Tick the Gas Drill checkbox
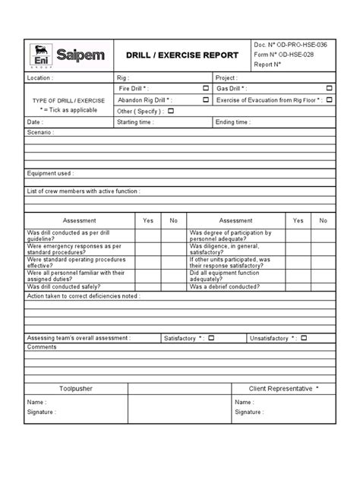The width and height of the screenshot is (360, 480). [x=328, y=89]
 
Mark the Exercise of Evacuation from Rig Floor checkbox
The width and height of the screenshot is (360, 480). [x=328, y=99]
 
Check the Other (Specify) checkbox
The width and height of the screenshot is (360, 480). [x=170, y=110]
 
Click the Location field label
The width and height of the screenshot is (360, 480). [x=42, y=78]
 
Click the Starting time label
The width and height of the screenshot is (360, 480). [x=137, y=122]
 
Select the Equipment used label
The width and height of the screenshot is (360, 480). [x=50, y=174]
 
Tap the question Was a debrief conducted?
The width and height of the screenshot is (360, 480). [x=225, y=288]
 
